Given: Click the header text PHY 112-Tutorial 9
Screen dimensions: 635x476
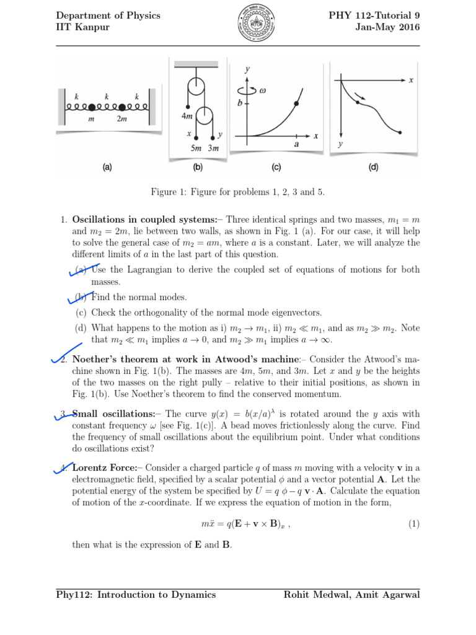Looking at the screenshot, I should (374, 16).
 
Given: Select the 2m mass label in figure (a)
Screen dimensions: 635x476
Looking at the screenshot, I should (121, 119).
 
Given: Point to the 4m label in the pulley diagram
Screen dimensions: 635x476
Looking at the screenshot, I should (187, 116).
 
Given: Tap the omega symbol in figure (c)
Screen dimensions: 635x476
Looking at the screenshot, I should (262, 90).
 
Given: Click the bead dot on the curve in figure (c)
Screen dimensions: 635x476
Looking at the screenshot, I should (297, 104).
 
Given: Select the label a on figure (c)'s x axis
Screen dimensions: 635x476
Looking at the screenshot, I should (296, 144).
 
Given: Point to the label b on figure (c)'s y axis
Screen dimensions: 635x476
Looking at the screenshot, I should (240, 104).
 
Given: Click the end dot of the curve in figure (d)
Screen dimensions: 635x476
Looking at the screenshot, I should (400, 132).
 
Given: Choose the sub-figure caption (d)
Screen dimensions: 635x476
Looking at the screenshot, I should (373, 167).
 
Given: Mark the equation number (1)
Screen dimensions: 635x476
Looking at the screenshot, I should (413, 524).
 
